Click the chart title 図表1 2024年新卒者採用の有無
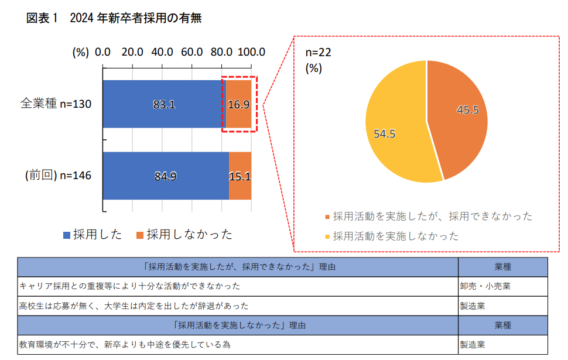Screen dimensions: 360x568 coord(114,18)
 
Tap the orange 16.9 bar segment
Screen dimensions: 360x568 coord(239,104)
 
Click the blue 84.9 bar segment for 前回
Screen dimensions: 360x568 coord(166,176)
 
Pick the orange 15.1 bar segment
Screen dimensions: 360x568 coord(240,176)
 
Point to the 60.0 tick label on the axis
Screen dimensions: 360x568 coord(191,52)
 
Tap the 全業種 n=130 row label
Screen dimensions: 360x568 coord(56,104)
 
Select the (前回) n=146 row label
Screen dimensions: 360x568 coord(58,176)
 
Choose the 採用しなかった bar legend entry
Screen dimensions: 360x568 coord(184,235)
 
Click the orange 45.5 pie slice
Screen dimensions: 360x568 coord(463,111)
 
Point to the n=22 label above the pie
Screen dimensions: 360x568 coord(319,53)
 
